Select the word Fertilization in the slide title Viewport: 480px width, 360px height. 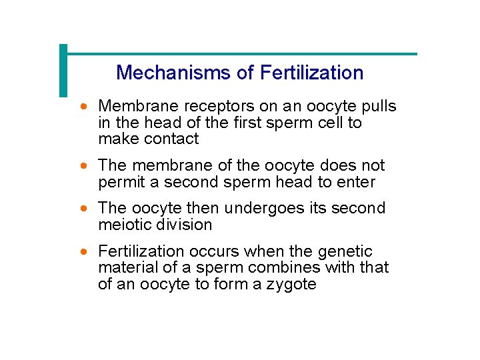(x=312, y=73)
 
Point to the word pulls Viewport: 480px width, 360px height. (x=379, y=107)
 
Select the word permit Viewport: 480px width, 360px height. (x=119, y=182)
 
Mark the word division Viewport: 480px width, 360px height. (x=183, y=225)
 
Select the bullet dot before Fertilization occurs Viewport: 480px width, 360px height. (x=84, y=252)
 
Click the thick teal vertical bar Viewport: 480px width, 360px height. (x=63, y=70)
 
